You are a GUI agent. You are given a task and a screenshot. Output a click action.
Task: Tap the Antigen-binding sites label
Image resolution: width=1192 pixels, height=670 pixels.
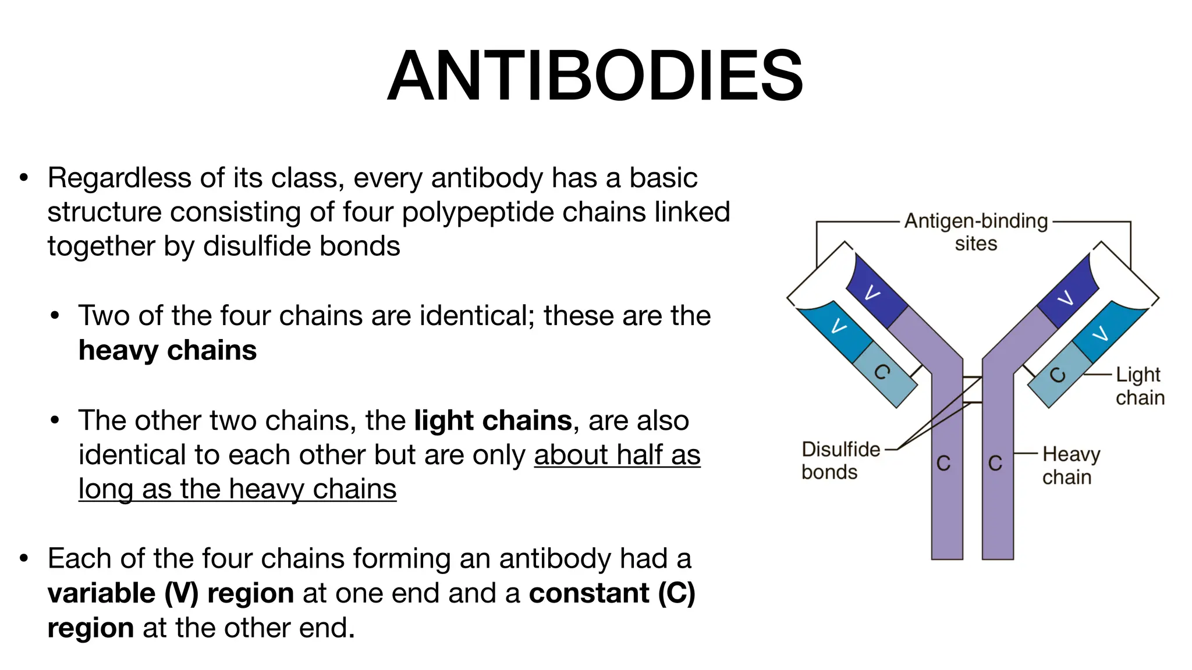pyautogui.click(x=976, y=232)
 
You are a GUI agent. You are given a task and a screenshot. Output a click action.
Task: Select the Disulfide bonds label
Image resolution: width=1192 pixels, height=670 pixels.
pyautogui.click(x=840, y=461)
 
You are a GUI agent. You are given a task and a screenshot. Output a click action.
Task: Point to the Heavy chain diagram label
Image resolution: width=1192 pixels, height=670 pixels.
pyautogui.click(x=1070, y=465)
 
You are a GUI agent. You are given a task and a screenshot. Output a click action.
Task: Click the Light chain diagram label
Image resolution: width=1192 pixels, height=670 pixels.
pyautogui.click(x=1139, y=386)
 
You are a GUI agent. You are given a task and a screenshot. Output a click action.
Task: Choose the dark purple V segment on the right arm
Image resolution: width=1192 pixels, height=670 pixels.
pyautogui.click(x=1068, y=295)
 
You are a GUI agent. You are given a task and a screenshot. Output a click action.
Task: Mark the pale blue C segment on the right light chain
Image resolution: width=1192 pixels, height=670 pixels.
pyautogui.click(x=1059, y=375)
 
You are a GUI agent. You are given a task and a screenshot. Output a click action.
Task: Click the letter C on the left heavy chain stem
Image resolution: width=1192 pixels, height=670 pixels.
pyautogui.click(x=943, y=464)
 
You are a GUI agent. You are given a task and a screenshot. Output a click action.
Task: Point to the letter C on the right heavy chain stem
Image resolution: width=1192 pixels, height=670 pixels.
pyautogui.click(x=995, y=464)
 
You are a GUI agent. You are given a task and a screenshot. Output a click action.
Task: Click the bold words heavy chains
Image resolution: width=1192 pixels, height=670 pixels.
pyautogui.click(x=168, y=351)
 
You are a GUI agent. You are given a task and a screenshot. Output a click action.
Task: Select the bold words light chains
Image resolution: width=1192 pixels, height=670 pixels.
pyautogui.click(x=493, y=420)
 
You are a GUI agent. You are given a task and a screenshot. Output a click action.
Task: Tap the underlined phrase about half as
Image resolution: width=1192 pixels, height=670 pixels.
pyautogui.click(x=617, y=455)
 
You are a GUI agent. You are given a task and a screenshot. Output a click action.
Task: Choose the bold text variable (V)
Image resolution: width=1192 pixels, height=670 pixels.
pyautogui.click(x=123, y=593)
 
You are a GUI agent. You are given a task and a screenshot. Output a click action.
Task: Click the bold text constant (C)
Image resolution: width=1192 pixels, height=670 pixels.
pyautogui.click(x=612, y=593)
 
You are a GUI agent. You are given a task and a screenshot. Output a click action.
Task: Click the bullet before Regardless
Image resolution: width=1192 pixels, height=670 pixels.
pyautogui.click(x=24, y=178)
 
